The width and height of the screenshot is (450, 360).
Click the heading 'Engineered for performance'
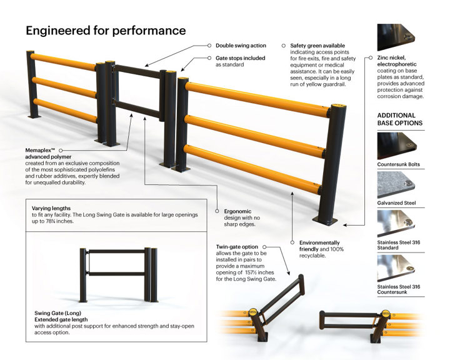[x=106, y=30]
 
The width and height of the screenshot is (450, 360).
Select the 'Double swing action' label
[x=241, y=46]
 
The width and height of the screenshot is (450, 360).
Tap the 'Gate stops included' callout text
[x=240, y=58]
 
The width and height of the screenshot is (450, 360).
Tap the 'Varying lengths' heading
[x=51, y=208]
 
